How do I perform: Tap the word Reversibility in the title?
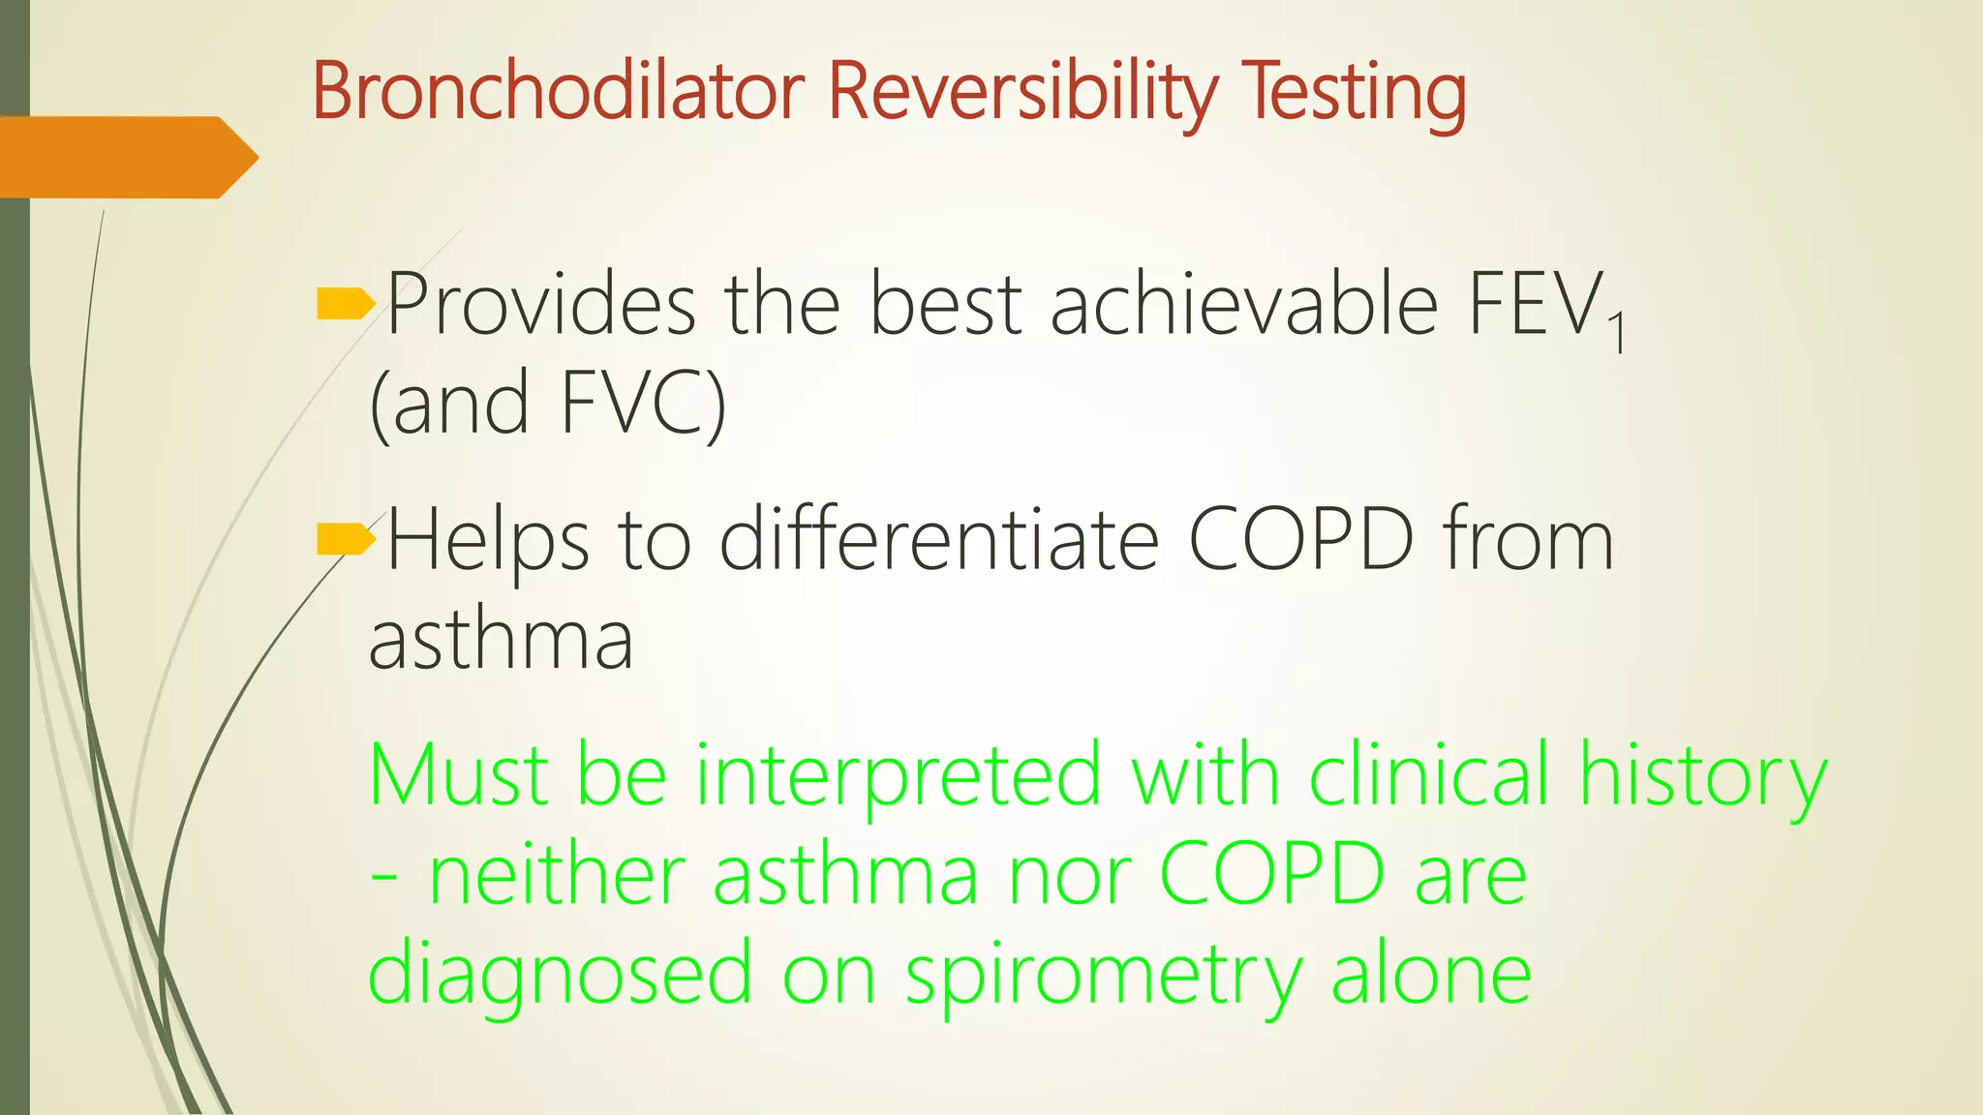pyautogui.click(x=1022, y=93)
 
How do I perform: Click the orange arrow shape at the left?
pyautogui.click(x=126, y=157)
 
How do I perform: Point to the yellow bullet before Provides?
pyautogui.click(x=345, y=305)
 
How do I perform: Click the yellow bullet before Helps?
pyautogui.click(x=345, y=539)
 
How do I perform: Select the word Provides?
pyautogui.click(x=541, y=305)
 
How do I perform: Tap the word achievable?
pyautogui.click(x=1243, y=305)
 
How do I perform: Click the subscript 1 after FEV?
pyautogui.click(x=1615, y=333)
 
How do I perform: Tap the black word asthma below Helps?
pyautogui.click(x=501, y=640)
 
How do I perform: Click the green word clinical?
pyautogui.click(x=1428, y=776)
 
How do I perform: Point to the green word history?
pyautogui.click(x=1702, y=776)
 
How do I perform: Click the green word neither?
pyautogui.click(x=556, y=875)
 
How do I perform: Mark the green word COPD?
pyautogui.click(x=1271, y=875)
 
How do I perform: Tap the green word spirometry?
pyautogui.click(x=1104, y=975)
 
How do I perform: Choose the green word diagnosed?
pyautogui.click(x=560, y=975)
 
